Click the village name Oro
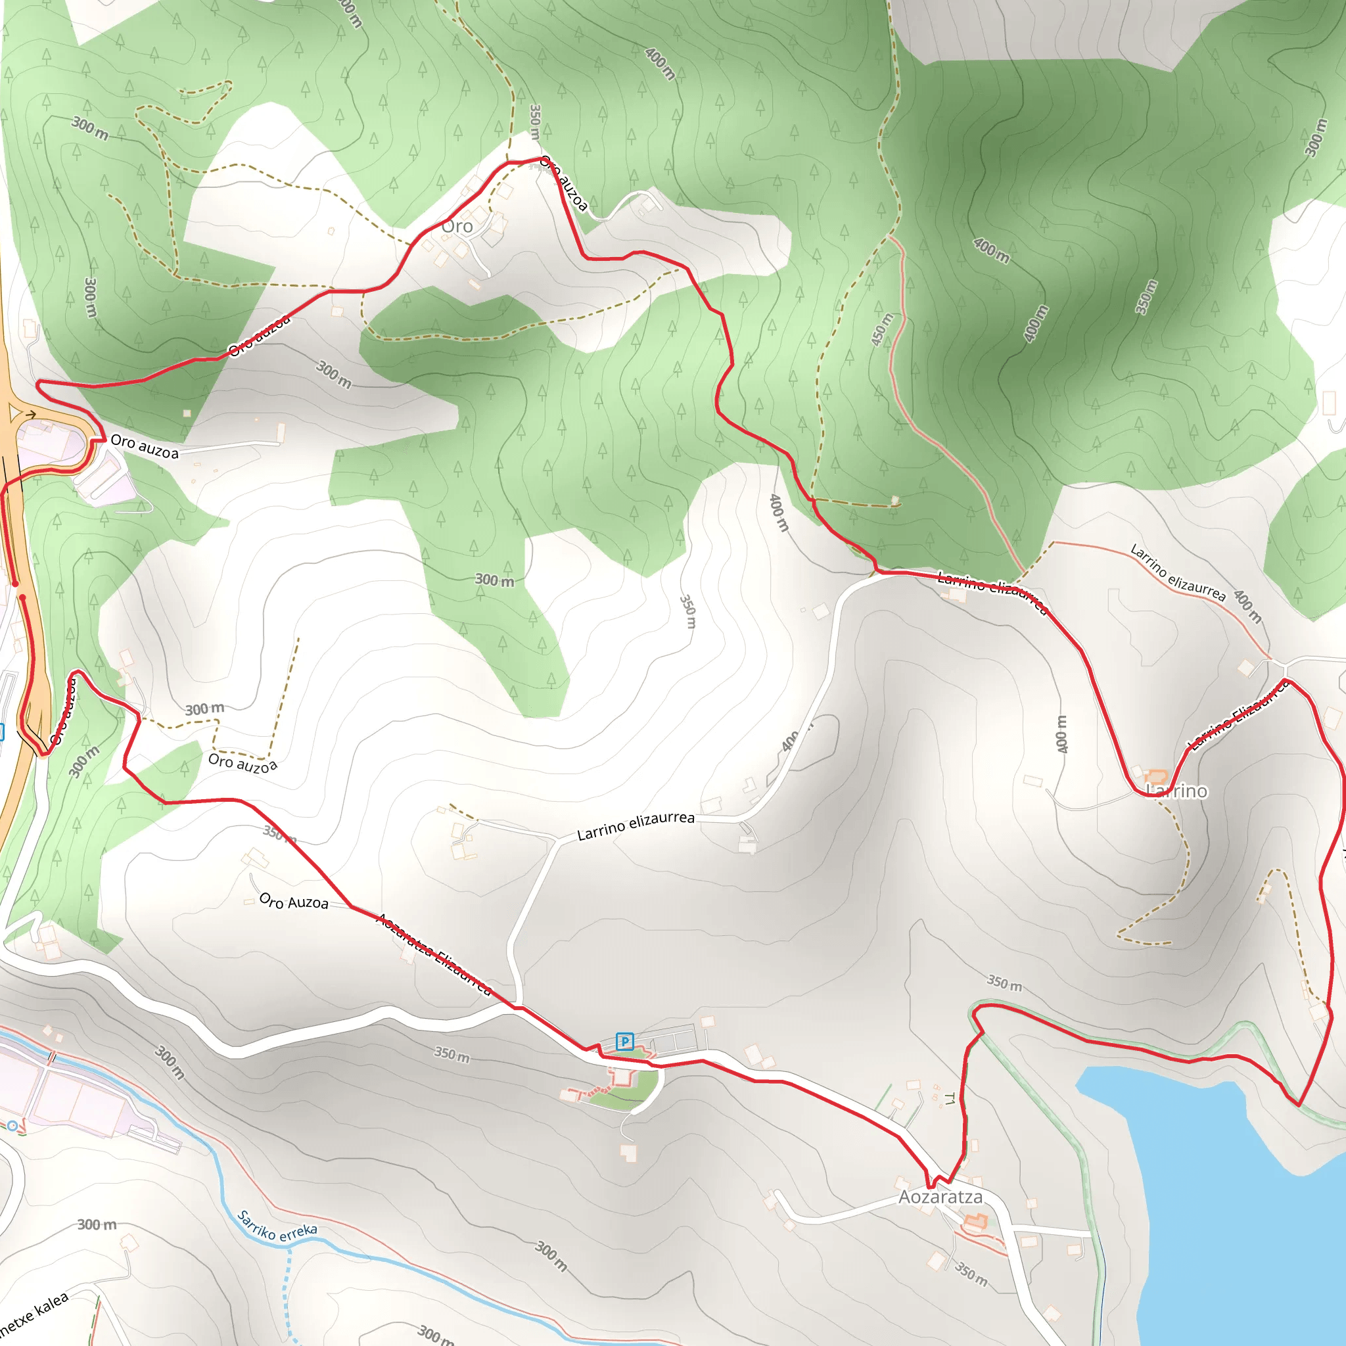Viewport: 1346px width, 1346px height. pyautogui.click(x=457, y=227)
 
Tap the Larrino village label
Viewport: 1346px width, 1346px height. pyautogui.click(x=1176, y=791)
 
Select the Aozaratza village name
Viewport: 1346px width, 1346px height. pyautogui.click(x=940, y=1197)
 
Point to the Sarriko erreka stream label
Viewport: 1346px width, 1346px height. pyautogui.click(x=277, y=1227)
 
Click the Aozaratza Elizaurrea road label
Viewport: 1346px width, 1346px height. pyautogui.click(x=434, y=954)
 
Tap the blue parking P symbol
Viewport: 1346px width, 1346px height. pyautogui.click(x=625, y=1042)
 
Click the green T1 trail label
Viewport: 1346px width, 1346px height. pyautogui.click(x=949, y=1100)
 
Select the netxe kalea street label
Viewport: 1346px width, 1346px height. pyautogui.click(x=35, y=1312)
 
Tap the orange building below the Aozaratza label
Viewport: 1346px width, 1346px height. pyautogui.click(x=975, y=1222)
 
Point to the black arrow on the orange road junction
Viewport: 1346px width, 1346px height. pyautogui.click(x=30, y=415)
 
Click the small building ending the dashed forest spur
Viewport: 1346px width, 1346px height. pyautogui.click(x=895, y=500)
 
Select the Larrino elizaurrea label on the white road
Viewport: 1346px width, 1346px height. pyautogui.click(x=636, y=825)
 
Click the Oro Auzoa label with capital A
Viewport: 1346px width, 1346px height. pyautogui.click(x=293, y=902)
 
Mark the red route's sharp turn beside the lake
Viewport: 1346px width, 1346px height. pyautogui.click(x=1299, y=1105)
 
